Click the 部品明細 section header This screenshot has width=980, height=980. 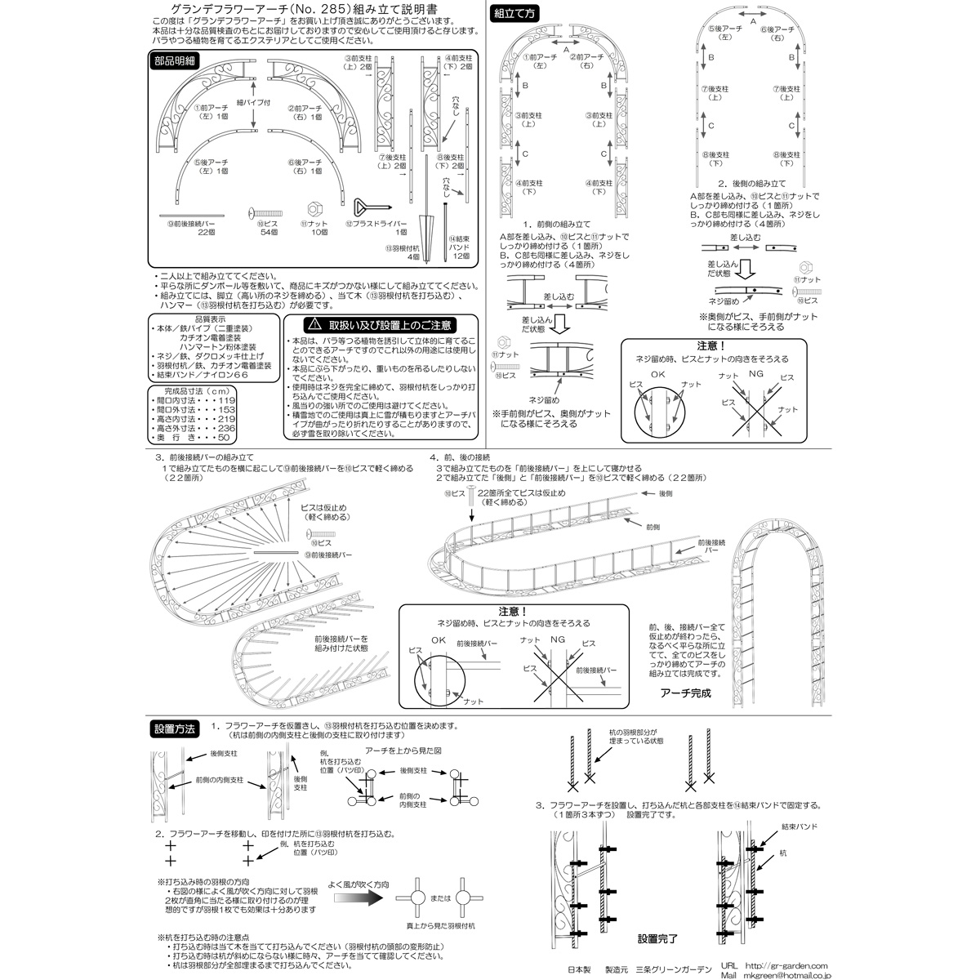point(176,61)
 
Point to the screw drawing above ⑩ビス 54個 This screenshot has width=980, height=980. point(261,211)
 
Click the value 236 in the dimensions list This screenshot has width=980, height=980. point(225,427)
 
